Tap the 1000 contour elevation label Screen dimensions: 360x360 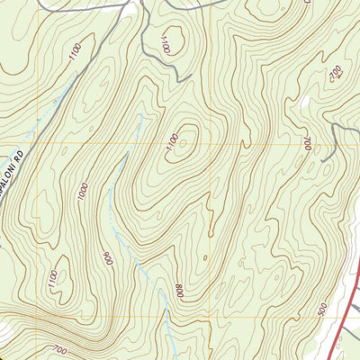pos(83,191)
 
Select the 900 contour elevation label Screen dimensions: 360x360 pos(109,258)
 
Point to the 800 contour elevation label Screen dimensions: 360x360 pos(179,291)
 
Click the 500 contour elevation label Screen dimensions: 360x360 pos(321,309)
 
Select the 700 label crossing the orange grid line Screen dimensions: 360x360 pos(307,141)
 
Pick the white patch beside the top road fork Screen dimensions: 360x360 pos(135,7)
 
